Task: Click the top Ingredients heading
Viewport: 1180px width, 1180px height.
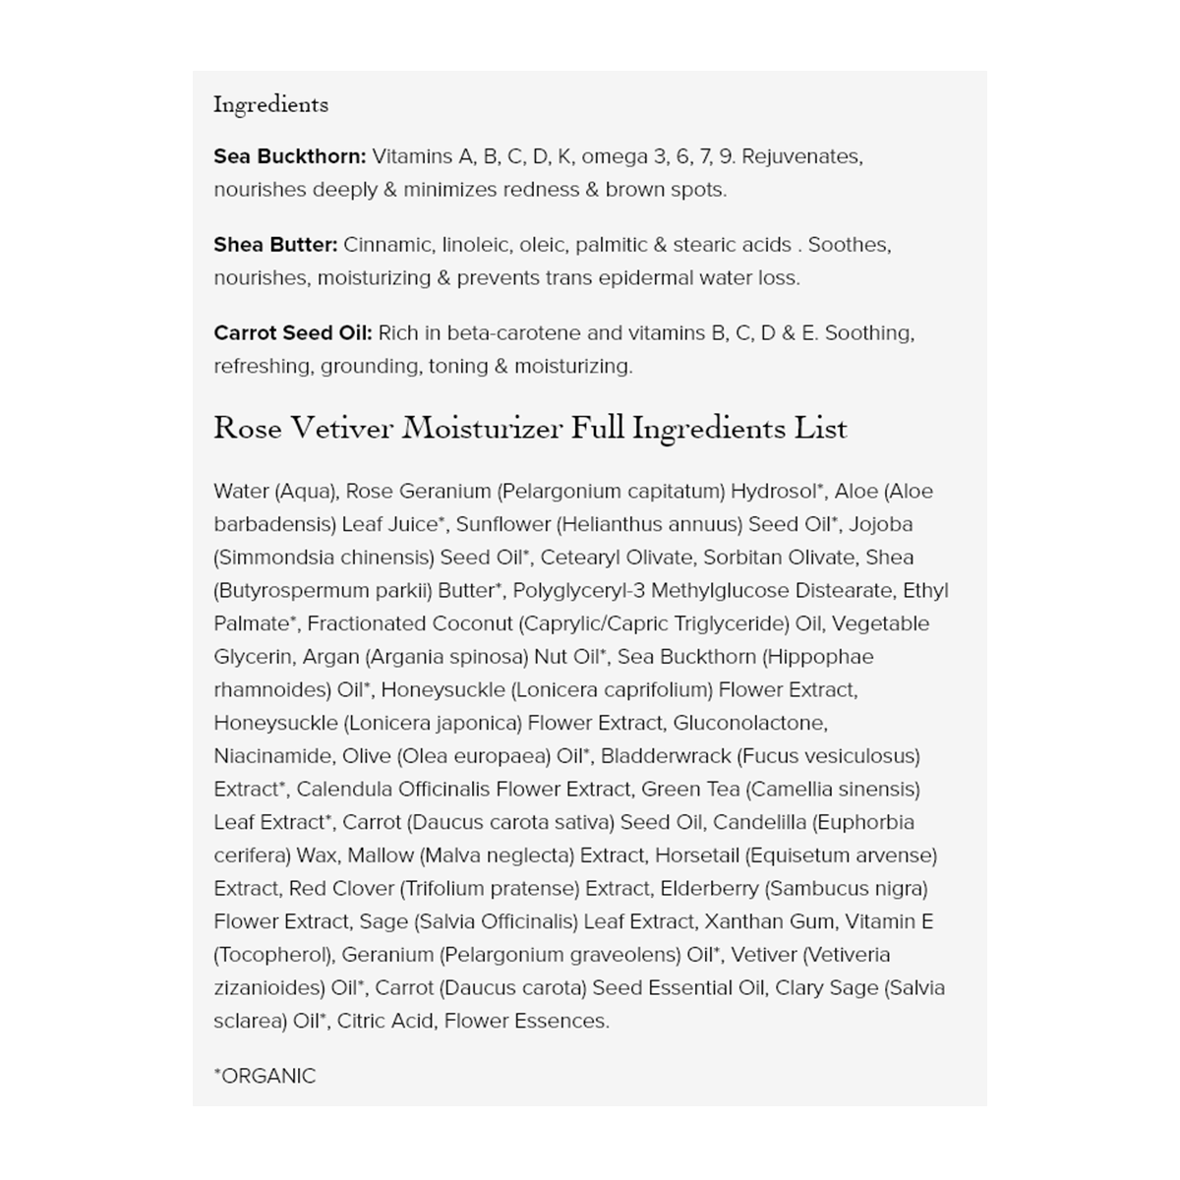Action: click(x=270, y=104)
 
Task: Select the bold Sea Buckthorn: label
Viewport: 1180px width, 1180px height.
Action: click(x=289, y=156)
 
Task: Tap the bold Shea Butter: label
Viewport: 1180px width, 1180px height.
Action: click(x=275, y=245)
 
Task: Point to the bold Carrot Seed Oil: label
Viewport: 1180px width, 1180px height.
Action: click(x=292, y=333)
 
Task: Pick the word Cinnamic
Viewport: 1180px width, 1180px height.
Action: click(x=387, y=245)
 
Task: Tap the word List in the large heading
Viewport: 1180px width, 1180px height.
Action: click(x=823, y=429)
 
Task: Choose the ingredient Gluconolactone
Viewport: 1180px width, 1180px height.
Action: click(x=749, y=723)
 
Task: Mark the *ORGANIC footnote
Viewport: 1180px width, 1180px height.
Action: click(x=265, y=1076)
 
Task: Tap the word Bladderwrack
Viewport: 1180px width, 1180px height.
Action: click(x=666, y=756)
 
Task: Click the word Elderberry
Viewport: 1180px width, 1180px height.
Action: click(x=709, y=888)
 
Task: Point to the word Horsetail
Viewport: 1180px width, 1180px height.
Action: click(x=696, y=855)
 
